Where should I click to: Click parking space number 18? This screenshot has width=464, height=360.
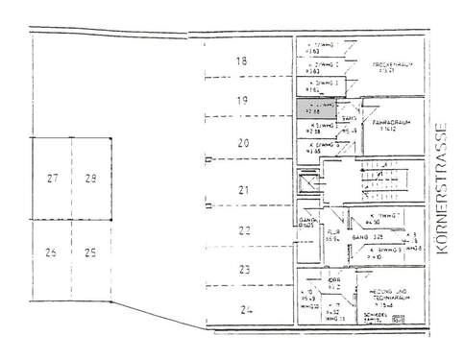241,61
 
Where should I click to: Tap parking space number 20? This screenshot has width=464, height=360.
243,143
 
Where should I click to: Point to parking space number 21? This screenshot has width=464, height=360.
244,188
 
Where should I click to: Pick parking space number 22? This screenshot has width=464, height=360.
244,230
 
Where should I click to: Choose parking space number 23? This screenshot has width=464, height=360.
244,270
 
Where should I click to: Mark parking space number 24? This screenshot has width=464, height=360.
246,309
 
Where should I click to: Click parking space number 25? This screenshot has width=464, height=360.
90,253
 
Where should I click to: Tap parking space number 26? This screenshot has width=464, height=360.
52,253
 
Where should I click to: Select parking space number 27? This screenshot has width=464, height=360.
53,179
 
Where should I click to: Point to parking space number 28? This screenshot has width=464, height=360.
90,179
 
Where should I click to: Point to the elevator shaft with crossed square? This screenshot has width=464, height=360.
308,180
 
